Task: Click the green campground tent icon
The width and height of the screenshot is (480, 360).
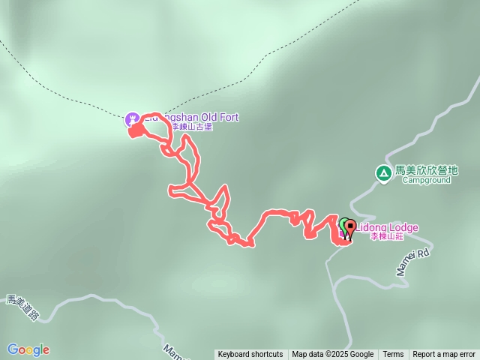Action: click(x=383, y=173)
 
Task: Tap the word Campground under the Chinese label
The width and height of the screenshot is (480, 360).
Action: click(x=426, y=180)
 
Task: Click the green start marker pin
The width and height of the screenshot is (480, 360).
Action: click(x=343, y=224)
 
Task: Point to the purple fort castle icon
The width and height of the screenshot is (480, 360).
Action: click(x=132, y=118)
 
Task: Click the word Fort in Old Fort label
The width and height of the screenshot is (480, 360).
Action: click(x=228, y=118)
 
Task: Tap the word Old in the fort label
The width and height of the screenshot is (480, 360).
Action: click(x=207, y=118)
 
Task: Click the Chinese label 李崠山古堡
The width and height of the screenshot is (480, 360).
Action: click(x=191, y=127)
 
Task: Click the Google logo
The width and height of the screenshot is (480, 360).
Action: click(x=28, y=349)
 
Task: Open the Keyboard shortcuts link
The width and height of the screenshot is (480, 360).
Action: click(x=250, y=355)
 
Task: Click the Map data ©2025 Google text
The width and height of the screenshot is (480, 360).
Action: click(x=332, y=355)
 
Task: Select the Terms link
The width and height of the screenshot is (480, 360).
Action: click(x=393, y=355)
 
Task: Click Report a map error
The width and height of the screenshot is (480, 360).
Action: click(x=444, y=355)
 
